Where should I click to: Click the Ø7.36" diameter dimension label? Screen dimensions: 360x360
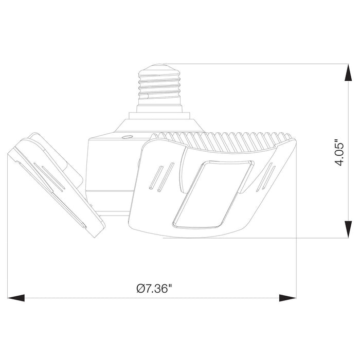(154, 289)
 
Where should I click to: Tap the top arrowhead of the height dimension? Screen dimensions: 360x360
(348, 73)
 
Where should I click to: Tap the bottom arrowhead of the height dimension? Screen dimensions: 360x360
(348, 229)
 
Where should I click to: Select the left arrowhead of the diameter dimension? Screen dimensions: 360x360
(16, 298)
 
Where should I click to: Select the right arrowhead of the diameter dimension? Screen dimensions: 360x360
(287, 298)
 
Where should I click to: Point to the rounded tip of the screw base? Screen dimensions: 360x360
(160, 66)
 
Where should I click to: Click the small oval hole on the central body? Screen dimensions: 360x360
(127, 137)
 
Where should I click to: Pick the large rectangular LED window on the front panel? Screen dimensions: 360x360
(213, 195)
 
